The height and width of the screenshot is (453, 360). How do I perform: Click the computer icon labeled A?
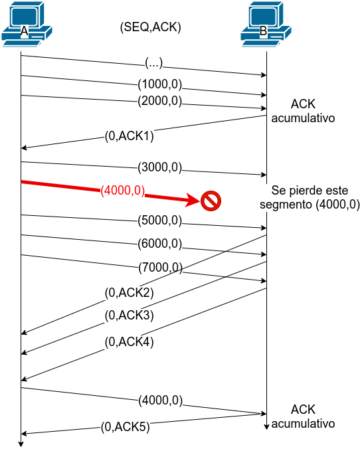pyautogui.click(x=27, y=24)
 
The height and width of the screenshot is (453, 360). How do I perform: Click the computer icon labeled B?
pyautogui.click(x=266, y=24)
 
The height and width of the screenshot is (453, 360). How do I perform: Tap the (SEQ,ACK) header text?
pyautogui.click(x=150, y=27)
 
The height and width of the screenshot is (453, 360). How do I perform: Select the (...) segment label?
pyautogui.click(x=154, y=63)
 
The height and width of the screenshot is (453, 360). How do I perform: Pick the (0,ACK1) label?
pyautogui.click(x=129, y=136)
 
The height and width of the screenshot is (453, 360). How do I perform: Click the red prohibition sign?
pyautogui.click(x=211, y=201)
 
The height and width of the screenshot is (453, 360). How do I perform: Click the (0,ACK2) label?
pyautogui.click(x=129, y=293)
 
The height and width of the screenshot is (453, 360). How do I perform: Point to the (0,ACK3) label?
pyautogui.click(x=129, y=316)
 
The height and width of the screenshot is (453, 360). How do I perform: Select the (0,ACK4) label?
pyautogui.click(x=129, y=342)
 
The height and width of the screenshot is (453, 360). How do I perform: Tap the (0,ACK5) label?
pyautogui.click(x=126, y=427)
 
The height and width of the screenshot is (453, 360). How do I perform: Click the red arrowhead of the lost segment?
pyautogui.click(x=193, y=200)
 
